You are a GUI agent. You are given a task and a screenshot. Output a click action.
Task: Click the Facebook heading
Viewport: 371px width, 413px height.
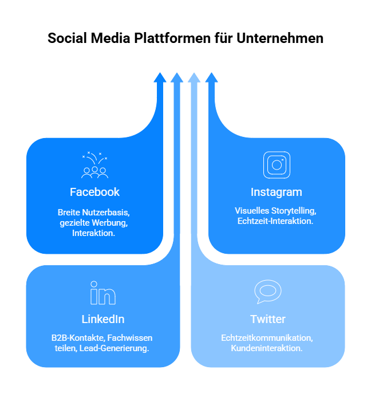94,192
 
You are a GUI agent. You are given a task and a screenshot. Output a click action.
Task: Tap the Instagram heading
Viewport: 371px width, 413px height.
276,192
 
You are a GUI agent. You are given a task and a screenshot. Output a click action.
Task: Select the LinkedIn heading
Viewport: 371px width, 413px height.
103,319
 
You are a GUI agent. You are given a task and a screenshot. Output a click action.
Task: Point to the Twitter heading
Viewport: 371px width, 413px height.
267,319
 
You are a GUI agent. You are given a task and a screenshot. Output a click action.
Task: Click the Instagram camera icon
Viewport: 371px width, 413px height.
277,165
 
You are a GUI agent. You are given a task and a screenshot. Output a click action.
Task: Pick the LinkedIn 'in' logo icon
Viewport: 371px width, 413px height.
103,293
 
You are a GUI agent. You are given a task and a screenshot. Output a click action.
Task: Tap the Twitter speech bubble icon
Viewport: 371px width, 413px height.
267,292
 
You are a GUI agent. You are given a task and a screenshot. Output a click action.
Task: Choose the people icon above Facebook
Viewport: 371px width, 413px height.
94,166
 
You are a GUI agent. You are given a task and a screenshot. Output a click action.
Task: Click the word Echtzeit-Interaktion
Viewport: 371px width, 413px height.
275,221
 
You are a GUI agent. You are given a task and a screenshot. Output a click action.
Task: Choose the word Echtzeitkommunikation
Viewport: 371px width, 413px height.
267,337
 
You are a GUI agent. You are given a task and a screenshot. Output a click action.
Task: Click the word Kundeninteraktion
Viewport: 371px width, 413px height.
267,348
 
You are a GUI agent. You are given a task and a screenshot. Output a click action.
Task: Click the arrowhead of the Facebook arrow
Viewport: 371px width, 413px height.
160,77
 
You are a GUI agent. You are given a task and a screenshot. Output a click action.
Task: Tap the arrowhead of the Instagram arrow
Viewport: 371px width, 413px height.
211,77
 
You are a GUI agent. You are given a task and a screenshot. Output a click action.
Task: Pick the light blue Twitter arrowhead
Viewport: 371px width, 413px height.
194,77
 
